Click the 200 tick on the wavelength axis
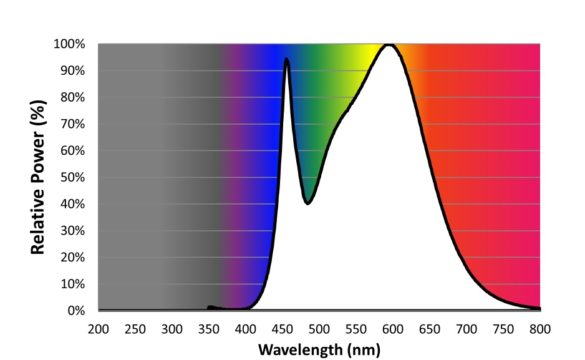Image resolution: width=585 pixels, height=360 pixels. [99, 329]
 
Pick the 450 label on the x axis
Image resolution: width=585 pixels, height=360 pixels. [283, 329]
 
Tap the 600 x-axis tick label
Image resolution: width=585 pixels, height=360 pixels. [393, 329]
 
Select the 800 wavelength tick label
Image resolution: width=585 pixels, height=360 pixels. [540, 329]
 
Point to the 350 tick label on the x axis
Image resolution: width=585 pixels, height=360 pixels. [209, 329]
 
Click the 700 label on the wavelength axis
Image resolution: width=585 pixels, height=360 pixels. [467, 329]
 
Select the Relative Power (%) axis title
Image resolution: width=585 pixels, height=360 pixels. [39, 178]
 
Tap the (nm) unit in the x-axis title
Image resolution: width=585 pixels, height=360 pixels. [364, 349]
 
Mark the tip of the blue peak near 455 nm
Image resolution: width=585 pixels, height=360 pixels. [286, 59]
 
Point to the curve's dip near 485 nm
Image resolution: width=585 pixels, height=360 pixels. [307, 203]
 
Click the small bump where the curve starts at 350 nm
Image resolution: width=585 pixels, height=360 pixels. [210, 306]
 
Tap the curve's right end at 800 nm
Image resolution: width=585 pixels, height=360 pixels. [539, 308]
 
